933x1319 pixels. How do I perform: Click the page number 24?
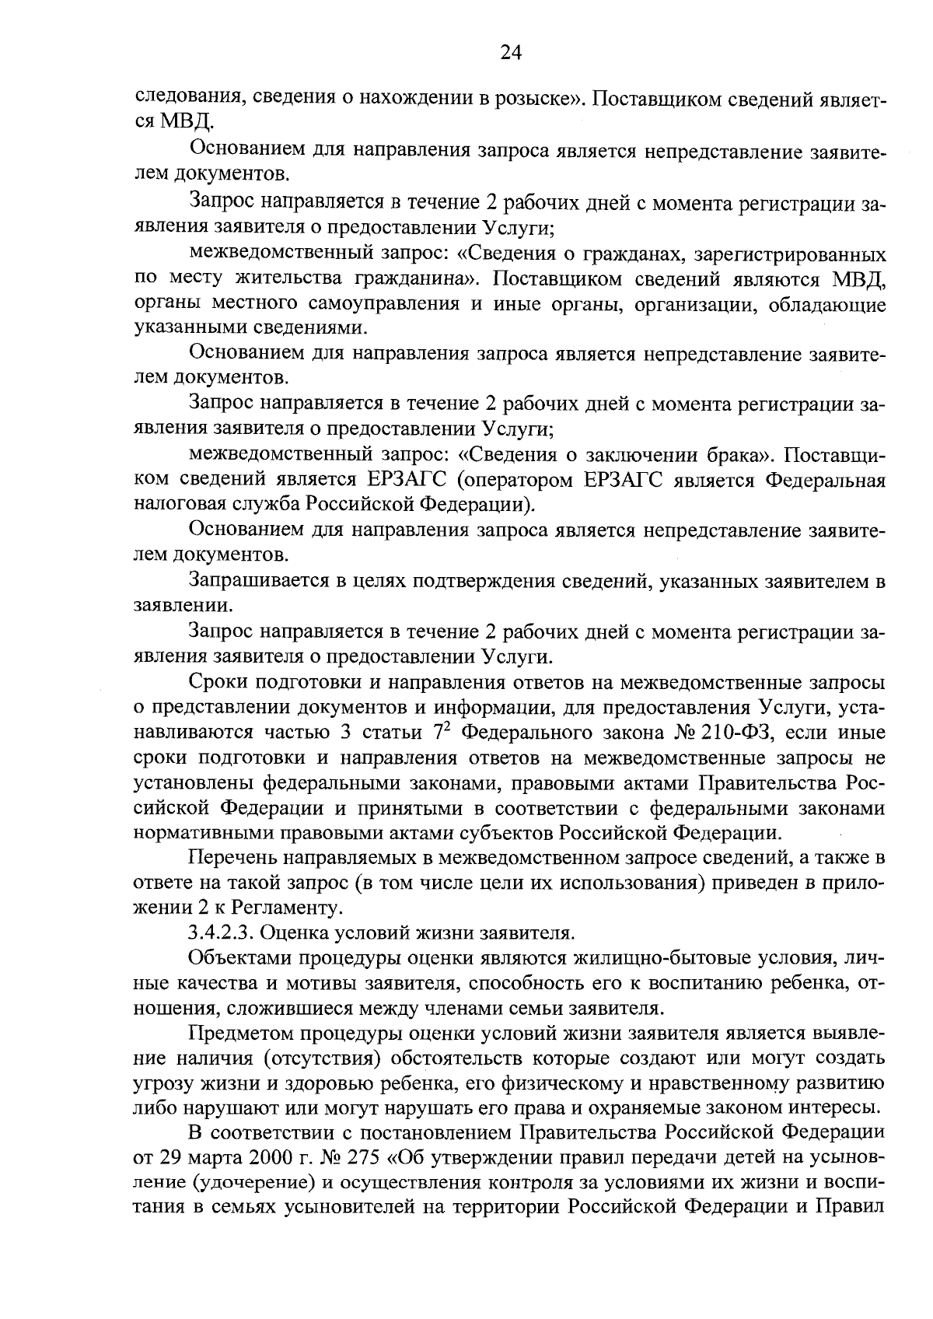click(x=511, y=52)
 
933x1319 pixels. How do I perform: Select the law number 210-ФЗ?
click(x=744, y=733)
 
